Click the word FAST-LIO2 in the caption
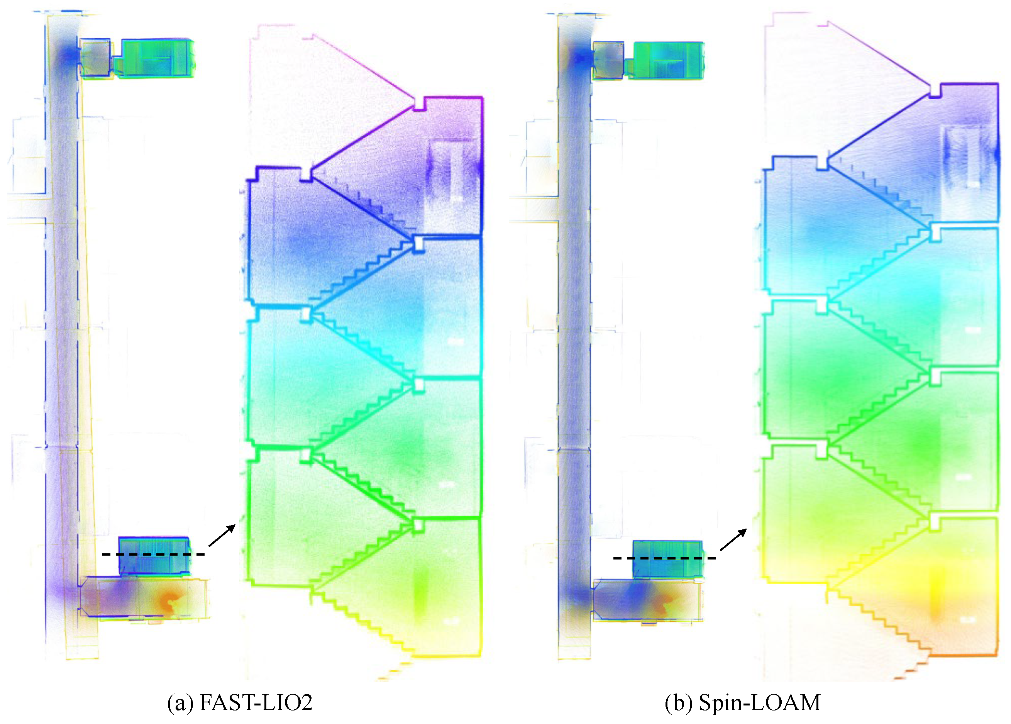coord(256,703)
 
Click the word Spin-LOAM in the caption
coord(759,703)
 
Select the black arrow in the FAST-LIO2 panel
coord(222,536)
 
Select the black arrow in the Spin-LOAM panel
coord(733,539)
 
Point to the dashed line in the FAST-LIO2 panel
coord(153,554)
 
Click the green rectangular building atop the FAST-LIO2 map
coord(158,58)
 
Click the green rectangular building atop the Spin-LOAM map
coord(668,60)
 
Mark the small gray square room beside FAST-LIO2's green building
coord(95,58)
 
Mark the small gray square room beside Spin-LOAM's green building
coord(607,60)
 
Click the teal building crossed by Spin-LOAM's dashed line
coord(667,559)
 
